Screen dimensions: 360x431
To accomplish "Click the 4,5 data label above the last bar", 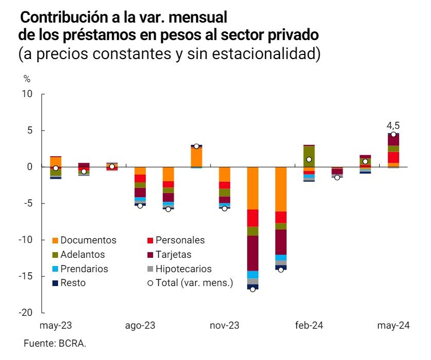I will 393,125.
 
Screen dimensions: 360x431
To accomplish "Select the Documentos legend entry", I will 88,240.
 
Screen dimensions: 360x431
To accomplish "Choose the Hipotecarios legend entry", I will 183,269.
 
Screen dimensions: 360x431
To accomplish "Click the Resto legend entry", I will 73,282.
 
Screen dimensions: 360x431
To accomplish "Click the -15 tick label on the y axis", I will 26,276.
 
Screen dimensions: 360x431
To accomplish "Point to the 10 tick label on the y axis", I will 28,94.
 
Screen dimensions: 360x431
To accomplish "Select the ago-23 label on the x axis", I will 140,326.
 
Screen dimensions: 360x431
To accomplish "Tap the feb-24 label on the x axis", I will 310,326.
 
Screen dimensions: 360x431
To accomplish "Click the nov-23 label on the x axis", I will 225,326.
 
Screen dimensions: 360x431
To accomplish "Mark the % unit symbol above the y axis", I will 27,79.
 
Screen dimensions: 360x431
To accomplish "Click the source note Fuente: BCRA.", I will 55,344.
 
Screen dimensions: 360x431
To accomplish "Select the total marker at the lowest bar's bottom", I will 253,290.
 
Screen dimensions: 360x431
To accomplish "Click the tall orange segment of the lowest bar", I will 253,188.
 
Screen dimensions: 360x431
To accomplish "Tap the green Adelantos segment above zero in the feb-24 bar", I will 309,156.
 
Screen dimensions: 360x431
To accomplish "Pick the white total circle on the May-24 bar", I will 393,135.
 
